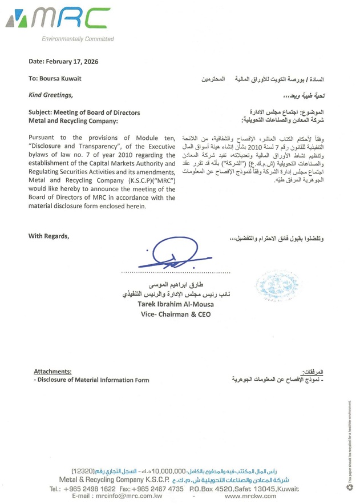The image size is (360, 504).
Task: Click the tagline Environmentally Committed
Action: [78, 39]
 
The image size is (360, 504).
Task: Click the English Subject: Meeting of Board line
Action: [84, 112]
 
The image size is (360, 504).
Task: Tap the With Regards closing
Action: [48, 236]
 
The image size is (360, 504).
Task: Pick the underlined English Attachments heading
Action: [52, 371]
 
